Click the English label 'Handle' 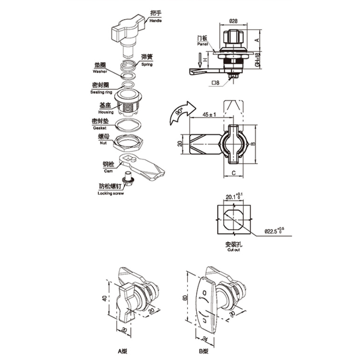(156, 21)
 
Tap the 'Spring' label (147, 64)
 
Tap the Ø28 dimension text (234, 20)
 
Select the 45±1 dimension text (209, 115)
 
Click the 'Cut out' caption (234, 250)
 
